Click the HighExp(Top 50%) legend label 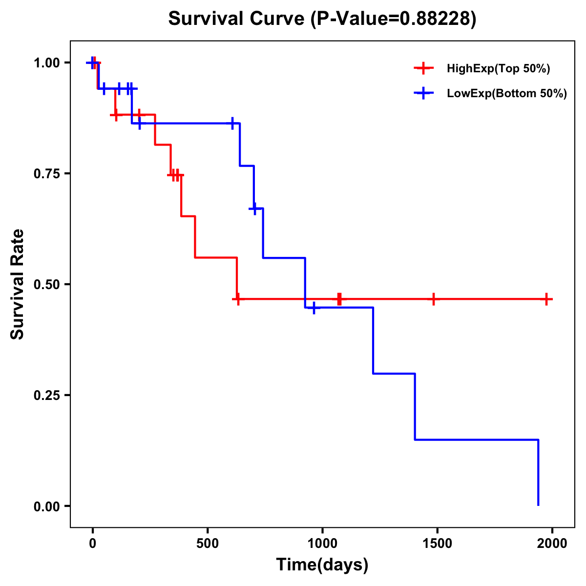tap(498, 69)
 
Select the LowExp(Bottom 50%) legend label tap(507, 94)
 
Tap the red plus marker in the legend tap(424, 68)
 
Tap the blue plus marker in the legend tap(424, 93)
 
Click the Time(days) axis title tap(322, 565)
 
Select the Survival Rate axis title tap(18, 284)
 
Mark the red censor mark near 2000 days tap(547, 299)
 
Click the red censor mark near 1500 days tap(433, 299)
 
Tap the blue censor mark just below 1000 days tap(314, 308)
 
